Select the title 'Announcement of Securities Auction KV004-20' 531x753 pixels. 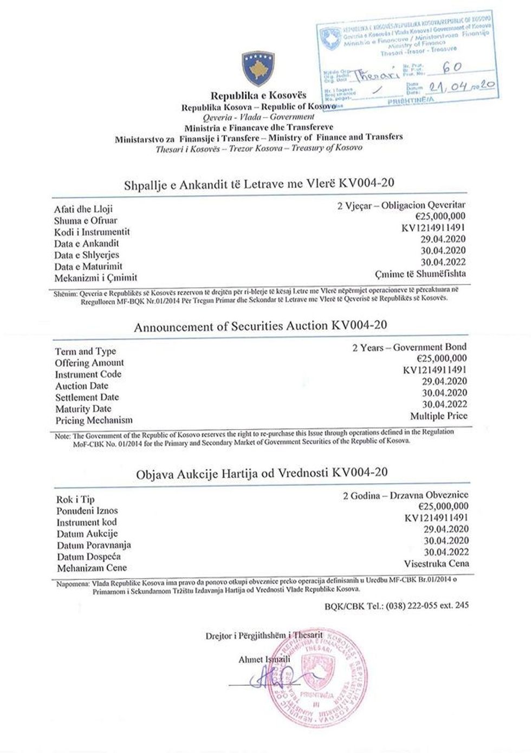click(x=261, y=326)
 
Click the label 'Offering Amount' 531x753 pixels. click(x=89, y=363)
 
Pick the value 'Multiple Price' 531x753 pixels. click(x=438, y=416)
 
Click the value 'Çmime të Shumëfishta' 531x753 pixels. click(x=420, y=274)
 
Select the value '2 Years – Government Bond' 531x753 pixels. click(x=409, y=347)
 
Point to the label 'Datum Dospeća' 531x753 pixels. click(x=89, y=556)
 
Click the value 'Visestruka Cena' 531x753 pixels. click(x=436, y=563)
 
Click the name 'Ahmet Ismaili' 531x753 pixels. click(x=264, y=659)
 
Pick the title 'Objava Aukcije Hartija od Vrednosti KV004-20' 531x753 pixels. click(x=262, y=472)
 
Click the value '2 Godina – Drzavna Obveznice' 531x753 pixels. click(x=405, y=495)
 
